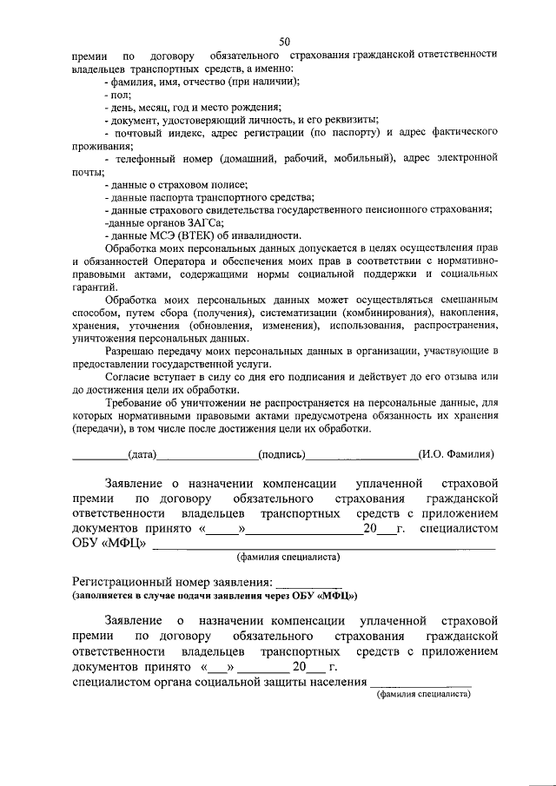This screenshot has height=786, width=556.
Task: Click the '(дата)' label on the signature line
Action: tap(142, 454)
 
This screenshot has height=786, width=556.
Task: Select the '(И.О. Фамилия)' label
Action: tap(456, 454)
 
